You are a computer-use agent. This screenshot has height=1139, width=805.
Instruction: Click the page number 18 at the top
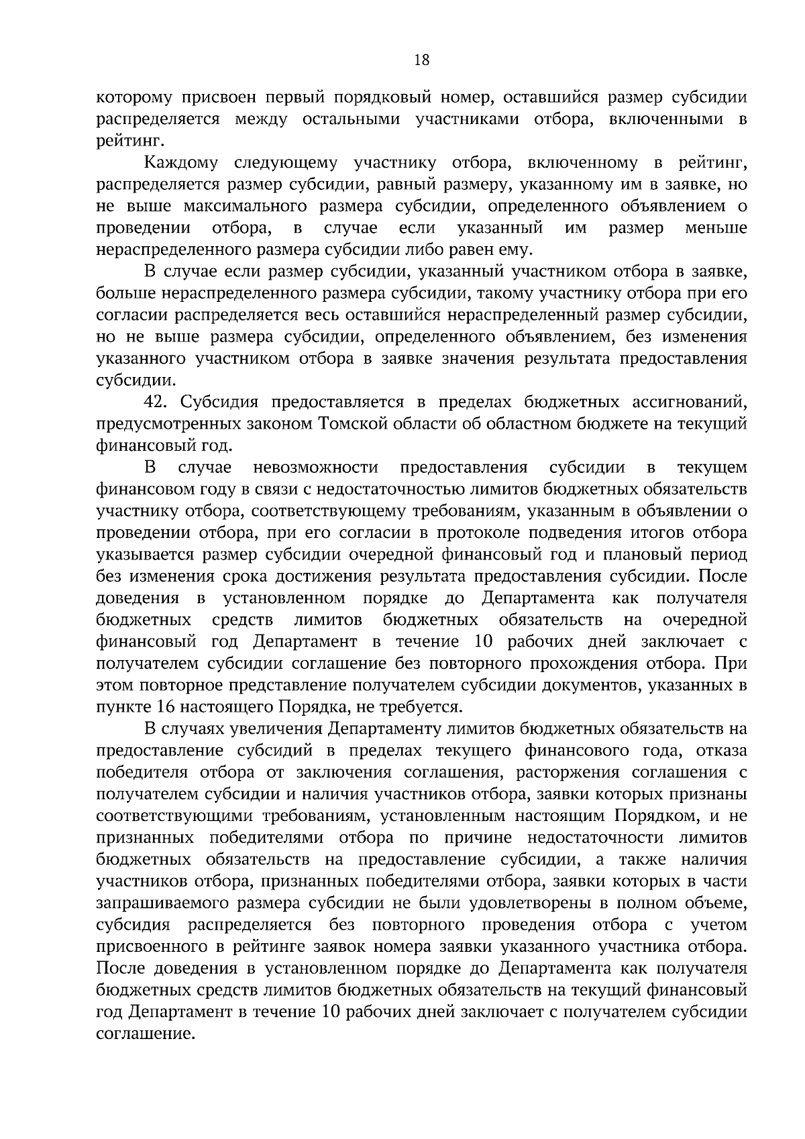[422, 60]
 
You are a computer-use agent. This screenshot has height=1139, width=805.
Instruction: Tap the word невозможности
[316, 467]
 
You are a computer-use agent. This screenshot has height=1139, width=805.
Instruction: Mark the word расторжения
[572, 772]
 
